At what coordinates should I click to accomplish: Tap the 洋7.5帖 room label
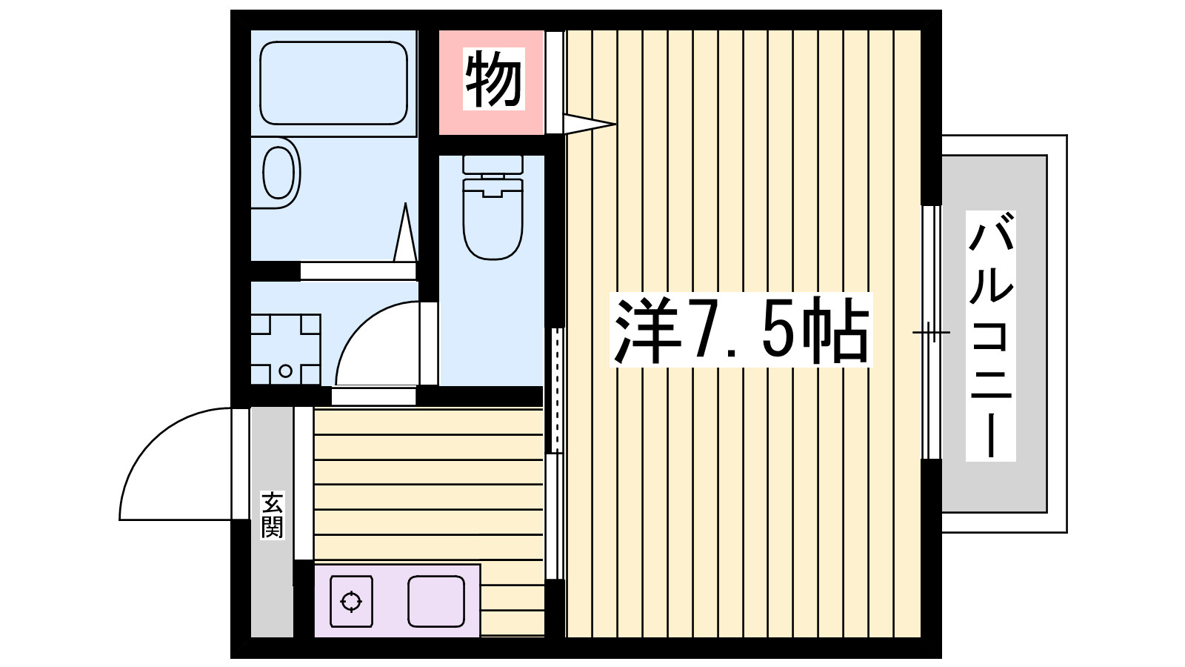pyautogui.click(x=741, y=331)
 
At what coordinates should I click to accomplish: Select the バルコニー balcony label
pyautogui.click(x=991, y=335)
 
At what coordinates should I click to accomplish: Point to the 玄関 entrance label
pyautogui.click(x=272, y=514)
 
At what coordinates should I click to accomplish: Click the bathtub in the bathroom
pyautogui.click(x=333, y=82)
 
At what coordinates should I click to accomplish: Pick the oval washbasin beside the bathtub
pyautogui.click(x=278, y=173)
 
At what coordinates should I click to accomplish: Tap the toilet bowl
pyautogui.click(x=493, y=219)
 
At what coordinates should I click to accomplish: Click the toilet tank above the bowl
pyautogui.click(x=493, y=164)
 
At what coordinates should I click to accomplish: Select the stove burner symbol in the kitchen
pyautogui.click(x=351, y=601)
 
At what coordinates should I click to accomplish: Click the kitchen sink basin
pyautogui.click(x=436, y=601)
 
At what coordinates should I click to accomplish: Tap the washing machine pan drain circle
pyautogui.click(x=285, y=371)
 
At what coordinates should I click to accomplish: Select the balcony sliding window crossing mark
pyautogui.click(x=930, y=332)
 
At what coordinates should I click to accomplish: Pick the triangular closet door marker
pyautogui.click(x=589, y=123)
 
